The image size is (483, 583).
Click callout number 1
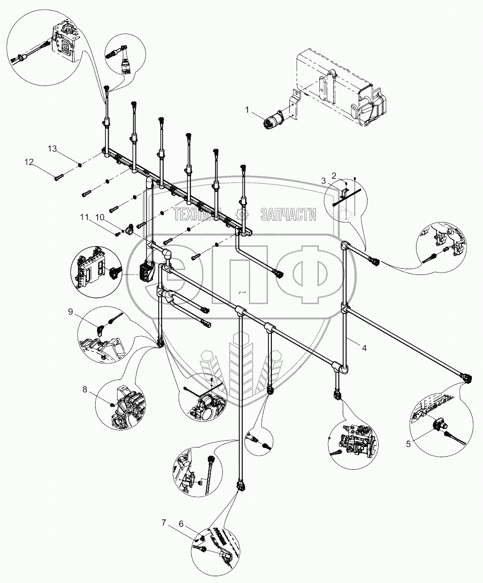[x=247, y=111]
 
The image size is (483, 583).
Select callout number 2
[x=334, y=174]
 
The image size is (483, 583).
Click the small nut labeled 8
[x=112, y=404]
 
